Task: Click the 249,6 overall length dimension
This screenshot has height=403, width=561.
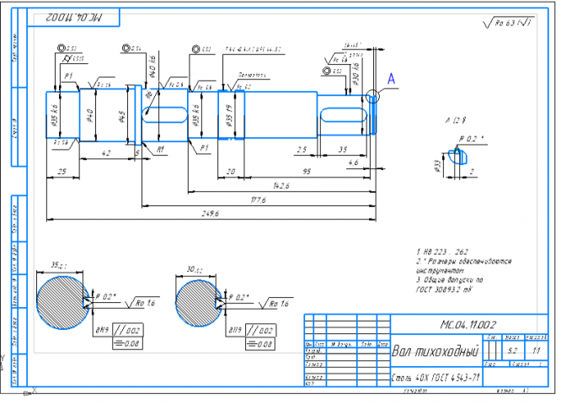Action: pos(211,215)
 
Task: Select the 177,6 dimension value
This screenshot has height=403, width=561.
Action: pos(259,201)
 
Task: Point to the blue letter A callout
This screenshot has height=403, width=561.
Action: pos(391,78)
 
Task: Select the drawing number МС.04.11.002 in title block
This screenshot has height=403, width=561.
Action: pos(467,324)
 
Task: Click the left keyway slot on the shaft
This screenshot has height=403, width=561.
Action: pos(164,114)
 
